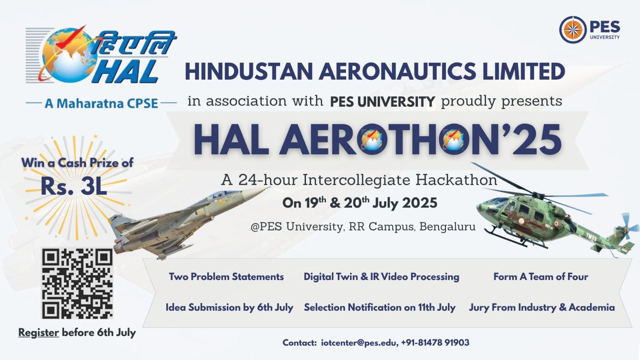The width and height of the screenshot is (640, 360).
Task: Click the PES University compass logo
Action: [x=573, y=30]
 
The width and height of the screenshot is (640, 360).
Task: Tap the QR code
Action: [x=77, y=283]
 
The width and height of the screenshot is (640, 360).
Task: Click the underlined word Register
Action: [x=38, y=333]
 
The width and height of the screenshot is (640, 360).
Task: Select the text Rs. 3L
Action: [x=74, y=186]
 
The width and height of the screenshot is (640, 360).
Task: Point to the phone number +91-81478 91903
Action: [x=435, y=342]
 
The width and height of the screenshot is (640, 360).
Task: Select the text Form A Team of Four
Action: [x=540, y=277]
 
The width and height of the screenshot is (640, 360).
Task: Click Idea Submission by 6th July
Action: [x=230, y=308]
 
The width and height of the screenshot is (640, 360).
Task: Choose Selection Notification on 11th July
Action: [x=380, y=308]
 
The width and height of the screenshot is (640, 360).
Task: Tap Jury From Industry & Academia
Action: [x=542, y=308]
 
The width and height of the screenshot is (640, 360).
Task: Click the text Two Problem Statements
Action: [x=226, y=277]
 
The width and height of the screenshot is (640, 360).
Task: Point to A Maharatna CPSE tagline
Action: [x=101, y=104]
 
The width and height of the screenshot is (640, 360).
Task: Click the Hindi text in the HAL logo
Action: [x=134, y=43]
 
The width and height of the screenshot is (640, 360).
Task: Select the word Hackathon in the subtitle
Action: [x=456, y=180]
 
